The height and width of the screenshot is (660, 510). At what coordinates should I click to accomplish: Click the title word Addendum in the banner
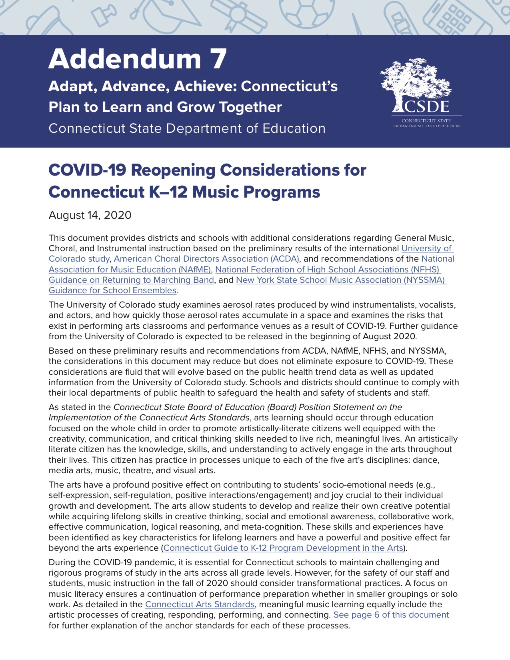(124, 59)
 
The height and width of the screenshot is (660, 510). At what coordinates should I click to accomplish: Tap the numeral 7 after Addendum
(218, 59)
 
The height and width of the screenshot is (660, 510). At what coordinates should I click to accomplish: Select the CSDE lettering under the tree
(426, 107)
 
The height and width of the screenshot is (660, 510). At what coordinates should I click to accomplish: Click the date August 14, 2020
(90, 215)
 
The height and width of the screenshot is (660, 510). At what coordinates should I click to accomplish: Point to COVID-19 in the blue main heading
(87, 170)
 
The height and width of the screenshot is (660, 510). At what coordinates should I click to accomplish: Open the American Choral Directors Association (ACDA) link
(206, 259)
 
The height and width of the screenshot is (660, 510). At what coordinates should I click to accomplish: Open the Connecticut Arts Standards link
(200, 604)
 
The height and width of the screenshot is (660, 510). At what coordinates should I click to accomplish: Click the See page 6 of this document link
(391, 615)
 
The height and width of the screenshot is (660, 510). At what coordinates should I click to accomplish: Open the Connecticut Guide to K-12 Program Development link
(283, 548)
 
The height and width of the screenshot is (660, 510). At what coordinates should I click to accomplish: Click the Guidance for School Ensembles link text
(113, 290)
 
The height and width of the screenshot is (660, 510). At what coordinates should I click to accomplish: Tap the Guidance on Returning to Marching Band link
(131, 280)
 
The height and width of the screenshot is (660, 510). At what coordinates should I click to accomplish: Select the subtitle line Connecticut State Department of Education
(187, 129)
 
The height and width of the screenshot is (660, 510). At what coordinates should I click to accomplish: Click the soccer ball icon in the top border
(307, 14)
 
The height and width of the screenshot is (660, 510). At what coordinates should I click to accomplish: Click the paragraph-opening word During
(64, 562)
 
